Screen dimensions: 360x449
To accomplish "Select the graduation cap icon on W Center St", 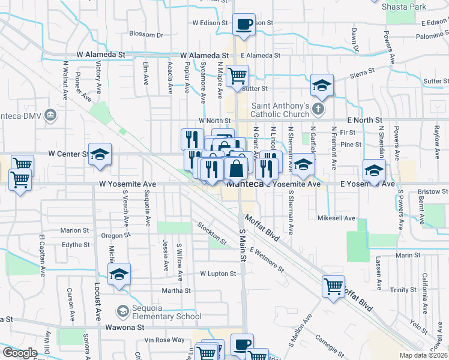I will [x=100, y=154].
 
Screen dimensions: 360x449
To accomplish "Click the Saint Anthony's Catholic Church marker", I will [x=319, y=109].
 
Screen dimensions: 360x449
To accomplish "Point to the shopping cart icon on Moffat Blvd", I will [x=333, y=286].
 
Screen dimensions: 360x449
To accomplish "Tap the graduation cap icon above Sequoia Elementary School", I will [x=119, y=275].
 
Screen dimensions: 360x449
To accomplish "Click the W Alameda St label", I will [x=101, y=55].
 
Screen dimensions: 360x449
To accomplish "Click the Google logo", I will [x=20, y=353].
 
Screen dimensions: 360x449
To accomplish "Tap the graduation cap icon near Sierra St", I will [x=322, y=86].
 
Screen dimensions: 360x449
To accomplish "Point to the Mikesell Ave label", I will [x=337, y=218].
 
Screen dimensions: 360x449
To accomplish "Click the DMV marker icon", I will [x=50, y=114].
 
